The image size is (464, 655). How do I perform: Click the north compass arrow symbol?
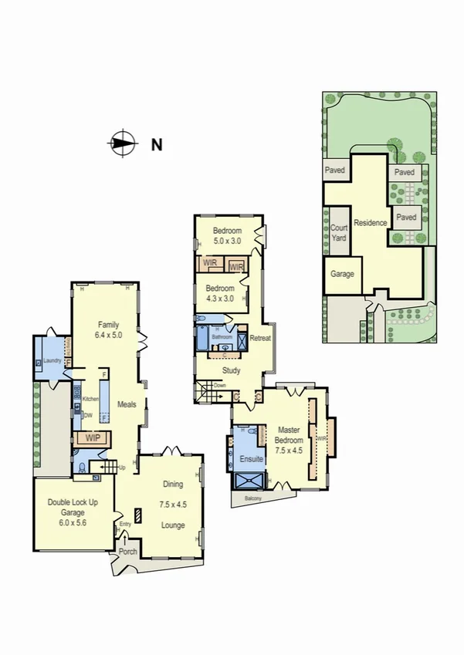122,143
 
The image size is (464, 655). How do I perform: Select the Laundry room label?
52,360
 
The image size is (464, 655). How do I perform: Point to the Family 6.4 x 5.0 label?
109,330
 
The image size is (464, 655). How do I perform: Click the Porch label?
128,552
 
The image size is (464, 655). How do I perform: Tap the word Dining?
173,484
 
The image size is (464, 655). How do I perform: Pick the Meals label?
127,403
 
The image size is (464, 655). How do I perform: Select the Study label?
232,370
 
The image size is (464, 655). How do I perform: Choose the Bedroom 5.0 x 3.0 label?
228,236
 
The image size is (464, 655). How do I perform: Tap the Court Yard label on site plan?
339,233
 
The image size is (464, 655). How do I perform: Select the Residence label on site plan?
370,223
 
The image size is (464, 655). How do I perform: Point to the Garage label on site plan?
342,274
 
